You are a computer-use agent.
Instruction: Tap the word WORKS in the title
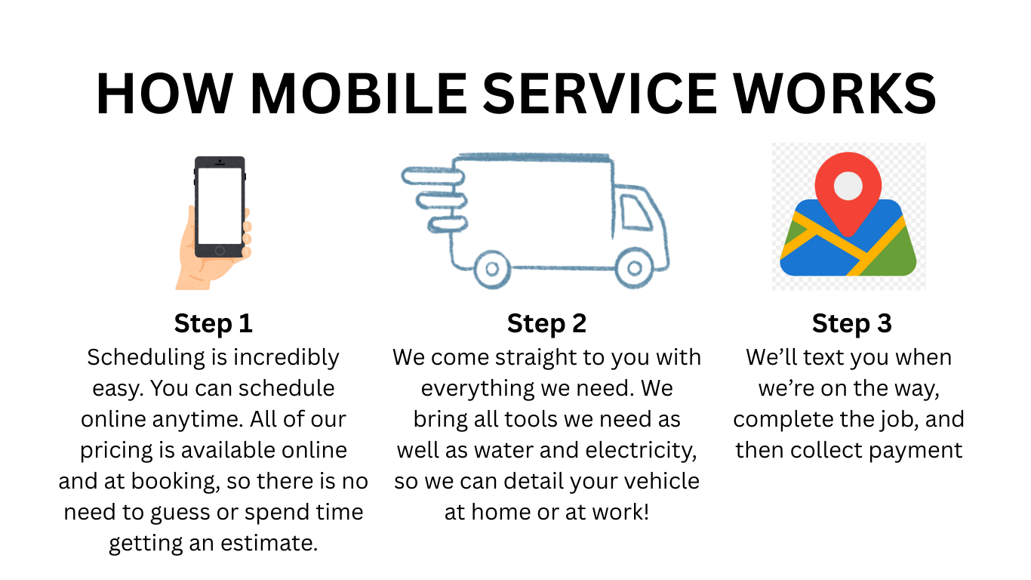pos(835,93)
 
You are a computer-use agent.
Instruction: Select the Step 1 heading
pos(213,323)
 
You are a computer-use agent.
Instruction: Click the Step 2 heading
pos(546,323)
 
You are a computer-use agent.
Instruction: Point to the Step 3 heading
pos(852,323)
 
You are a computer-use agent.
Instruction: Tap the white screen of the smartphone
pos(220,206)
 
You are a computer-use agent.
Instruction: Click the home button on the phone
pos(220,251)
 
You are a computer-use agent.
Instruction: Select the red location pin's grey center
pos(848,186)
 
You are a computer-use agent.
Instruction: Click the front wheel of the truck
pos(635,268)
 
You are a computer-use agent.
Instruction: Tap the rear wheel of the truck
pos(492,269)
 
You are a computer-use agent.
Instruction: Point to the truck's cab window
pos(636,212)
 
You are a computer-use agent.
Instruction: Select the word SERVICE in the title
pos(600,93)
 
